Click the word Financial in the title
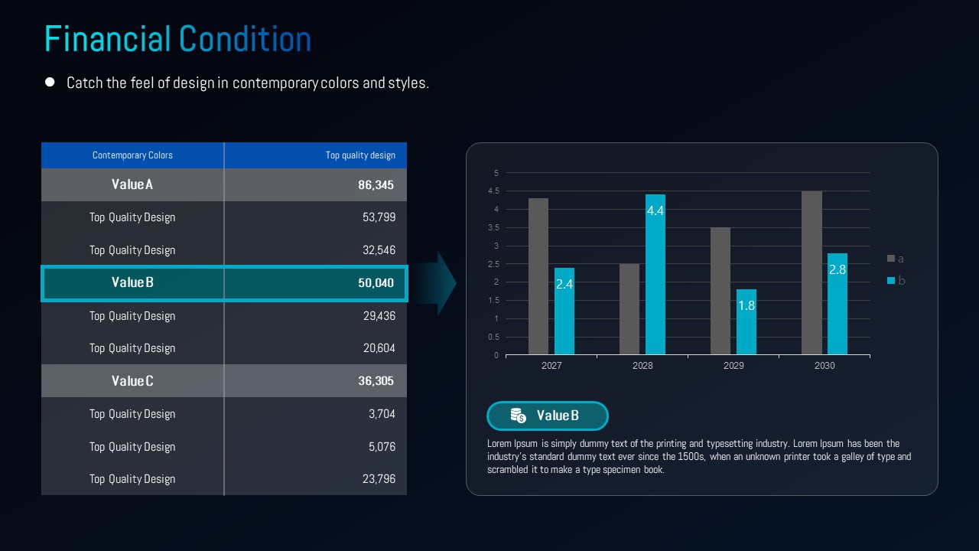pyautogui.click(x=108, y=39)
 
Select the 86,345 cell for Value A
pyautogui.click(x=376, y=185)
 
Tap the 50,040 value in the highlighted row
pyautogui.click(x=376, y=283)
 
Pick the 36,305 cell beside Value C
pyautogui.click(x=376, y=381)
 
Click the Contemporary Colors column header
pyautogui.click(x=132, y=155)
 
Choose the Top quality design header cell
pyautogui.click(x=360, y=155)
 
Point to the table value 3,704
pyautogui.click(x=382, y=414)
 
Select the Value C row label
pyautogui.click(x=132, y=381)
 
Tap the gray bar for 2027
pyautogui.click(x=538, y=276)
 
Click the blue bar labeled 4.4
pyautogui.click(x=655, y=275)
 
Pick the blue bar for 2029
pyautogui.click(x=746, y=322)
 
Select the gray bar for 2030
pyautogui.click(x=811, y=273)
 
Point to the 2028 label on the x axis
pyautogui.click(x=642, y=366)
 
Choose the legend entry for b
pyautogui.click(x=896, y=281)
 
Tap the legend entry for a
pyautogui.click(x=896, y=259)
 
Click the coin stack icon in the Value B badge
pyautogui.click(x=519, y=416)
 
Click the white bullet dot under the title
pyautogui.click(x=50, y=82)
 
